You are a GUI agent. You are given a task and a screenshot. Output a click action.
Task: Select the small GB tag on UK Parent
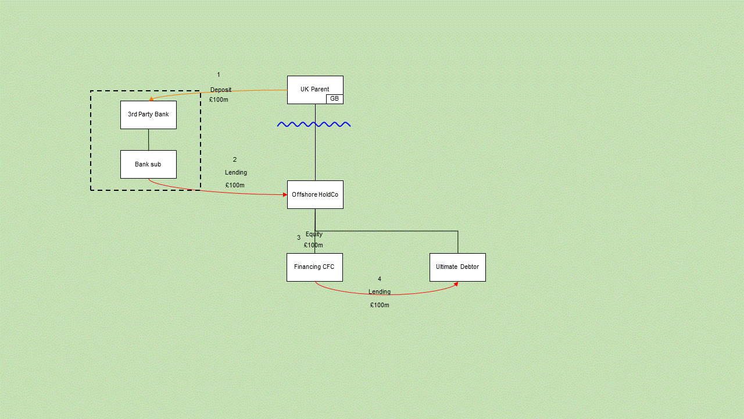335,99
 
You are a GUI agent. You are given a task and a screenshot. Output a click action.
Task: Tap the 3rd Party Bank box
148,115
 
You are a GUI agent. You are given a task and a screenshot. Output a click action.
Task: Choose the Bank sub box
148,165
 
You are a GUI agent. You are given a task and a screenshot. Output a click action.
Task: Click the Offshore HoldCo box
315,194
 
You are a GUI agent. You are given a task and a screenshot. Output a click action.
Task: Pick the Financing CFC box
314,267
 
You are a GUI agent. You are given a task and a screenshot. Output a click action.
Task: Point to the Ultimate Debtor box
457,267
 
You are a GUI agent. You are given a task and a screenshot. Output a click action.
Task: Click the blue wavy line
314,124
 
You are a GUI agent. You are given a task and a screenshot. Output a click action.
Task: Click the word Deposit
221,90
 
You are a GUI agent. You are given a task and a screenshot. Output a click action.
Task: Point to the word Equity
314,234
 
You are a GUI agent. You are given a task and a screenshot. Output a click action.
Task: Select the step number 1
219,74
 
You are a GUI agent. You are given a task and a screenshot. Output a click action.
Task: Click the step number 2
235,159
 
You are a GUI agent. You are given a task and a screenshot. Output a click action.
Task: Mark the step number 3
299,237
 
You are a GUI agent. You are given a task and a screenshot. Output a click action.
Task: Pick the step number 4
380,279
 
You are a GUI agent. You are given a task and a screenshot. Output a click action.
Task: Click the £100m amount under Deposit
219,100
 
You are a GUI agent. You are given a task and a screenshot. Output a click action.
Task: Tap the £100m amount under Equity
313,245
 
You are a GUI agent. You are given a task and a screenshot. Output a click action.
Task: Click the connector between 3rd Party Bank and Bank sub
148,140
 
